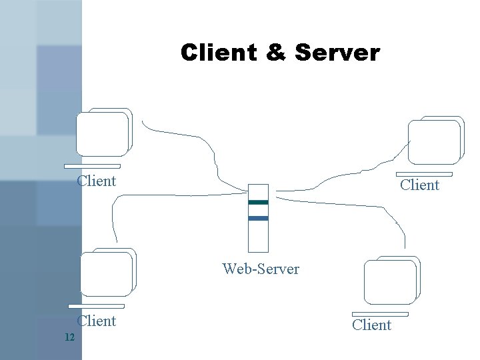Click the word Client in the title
click(x=218, y=53)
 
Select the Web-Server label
click(x=261, y=269)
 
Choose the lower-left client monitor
click(x=107, y=273)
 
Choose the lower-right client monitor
click(x=391, y=281)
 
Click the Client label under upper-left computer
click(x=97, y=181)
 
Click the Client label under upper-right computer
click(x=419, y=185)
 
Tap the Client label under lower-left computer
click(x=97, y=321)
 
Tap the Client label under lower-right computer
click(x=371, y=325)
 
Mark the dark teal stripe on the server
click(x=258, y=202)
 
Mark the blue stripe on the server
click(x=258, y=218)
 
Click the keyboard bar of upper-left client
click(x=92, y=166)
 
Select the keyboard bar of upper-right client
click(x=423, y=174)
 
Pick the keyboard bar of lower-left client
click(x=96, y=307)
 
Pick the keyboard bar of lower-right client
click(x=380, y=314)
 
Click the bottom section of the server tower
click(x=258, y=237)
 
